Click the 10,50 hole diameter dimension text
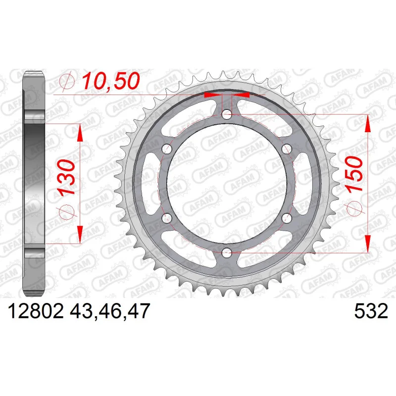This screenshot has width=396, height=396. click(x=111, y=81)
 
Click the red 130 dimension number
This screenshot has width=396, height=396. click(x=67, y=178)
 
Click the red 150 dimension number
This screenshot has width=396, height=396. click(x=354, y=175)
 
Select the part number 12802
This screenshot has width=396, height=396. click(x=36, y=311)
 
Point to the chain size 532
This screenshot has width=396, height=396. click(x=371, y=311)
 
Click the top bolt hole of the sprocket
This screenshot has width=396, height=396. click(x=227, y=115)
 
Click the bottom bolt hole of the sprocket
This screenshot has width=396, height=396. click(x=227, y=252)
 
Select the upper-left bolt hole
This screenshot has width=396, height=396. click(x=167, y=149)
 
